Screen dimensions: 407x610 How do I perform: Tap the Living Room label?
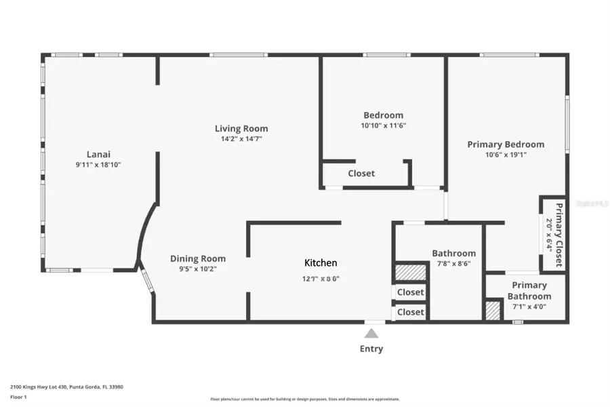(241, 128)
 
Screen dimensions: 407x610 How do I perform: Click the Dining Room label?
(198, 258)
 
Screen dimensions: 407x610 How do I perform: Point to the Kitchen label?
(321, 263)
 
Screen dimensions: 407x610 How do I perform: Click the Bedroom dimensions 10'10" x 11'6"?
(383, 125)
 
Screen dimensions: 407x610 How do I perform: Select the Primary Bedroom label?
(506, 144)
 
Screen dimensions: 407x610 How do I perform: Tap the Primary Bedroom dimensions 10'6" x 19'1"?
(506, 154)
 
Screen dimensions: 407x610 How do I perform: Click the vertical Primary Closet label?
(558, 233)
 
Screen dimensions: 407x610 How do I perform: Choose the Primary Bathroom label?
(529, 291)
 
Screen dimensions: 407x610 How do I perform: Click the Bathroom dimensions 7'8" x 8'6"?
(453, 264)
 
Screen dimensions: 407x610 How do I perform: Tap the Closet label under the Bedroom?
(361, 174)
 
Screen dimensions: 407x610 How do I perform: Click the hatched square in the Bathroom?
(410, 273)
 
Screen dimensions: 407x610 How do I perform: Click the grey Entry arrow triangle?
(371, 333)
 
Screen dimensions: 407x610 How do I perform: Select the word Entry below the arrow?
(371, 349)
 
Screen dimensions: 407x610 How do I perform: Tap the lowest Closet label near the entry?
(410, 312)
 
